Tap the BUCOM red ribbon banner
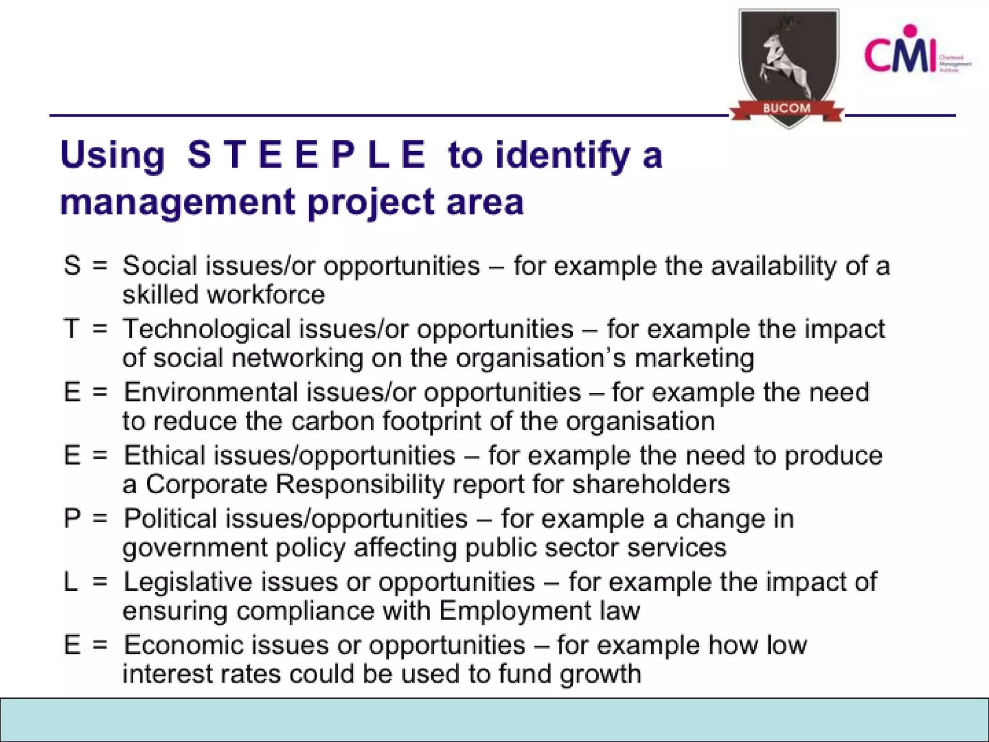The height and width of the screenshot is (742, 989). (x=787, y=108)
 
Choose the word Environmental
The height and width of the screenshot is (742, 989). (x=211, y=392)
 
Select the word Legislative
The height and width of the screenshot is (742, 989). (x=188, y=582)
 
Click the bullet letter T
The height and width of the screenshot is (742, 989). (x=71, y=329)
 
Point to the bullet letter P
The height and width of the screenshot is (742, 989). (x=72, y=519)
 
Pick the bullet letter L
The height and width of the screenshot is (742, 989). (x=71, y=582)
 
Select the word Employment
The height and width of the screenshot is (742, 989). (x=515, y=611)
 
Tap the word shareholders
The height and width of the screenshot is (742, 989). (x=651, y=485)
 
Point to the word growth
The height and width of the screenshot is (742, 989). (x=600, y=674)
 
